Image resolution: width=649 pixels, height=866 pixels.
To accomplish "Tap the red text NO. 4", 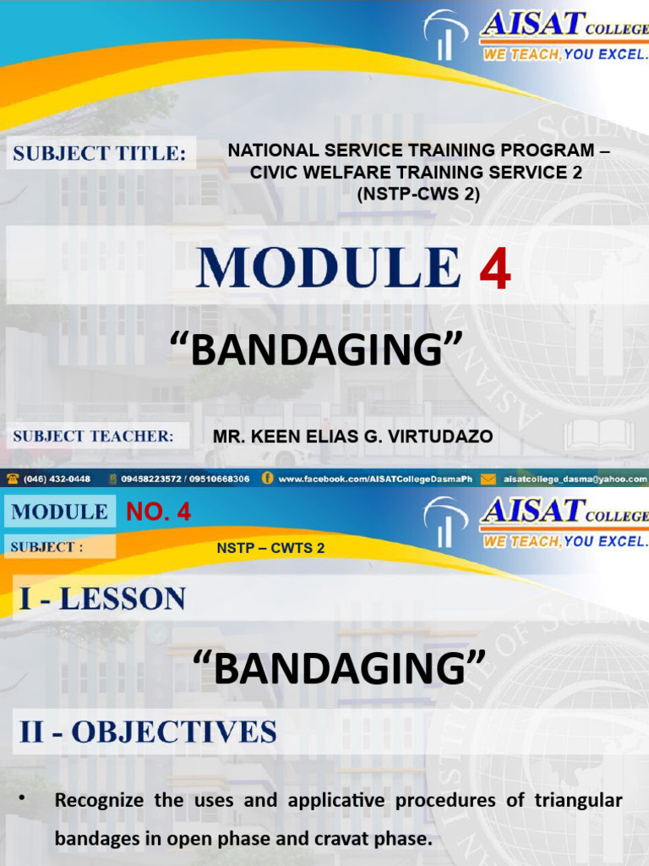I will click(x=159, y=512).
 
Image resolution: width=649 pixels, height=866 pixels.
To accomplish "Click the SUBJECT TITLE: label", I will click(x=99, y=154).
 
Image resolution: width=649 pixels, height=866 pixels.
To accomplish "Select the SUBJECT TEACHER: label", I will click(x=93, y=436).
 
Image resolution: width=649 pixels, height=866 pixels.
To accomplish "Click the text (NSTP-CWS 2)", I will click(x=417, y=194).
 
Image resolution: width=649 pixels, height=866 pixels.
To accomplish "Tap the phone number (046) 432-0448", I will click(x=57, y=479).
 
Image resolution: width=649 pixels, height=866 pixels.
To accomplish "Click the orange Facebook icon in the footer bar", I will click(x=267, y=479).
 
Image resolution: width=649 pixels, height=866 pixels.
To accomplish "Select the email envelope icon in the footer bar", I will click(x=488, y=479).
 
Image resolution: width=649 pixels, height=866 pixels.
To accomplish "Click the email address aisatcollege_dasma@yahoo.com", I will click(x=575, y=479).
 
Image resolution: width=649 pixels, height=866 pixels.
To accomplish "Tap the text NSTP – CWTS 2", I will click(x=270, y=548).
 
